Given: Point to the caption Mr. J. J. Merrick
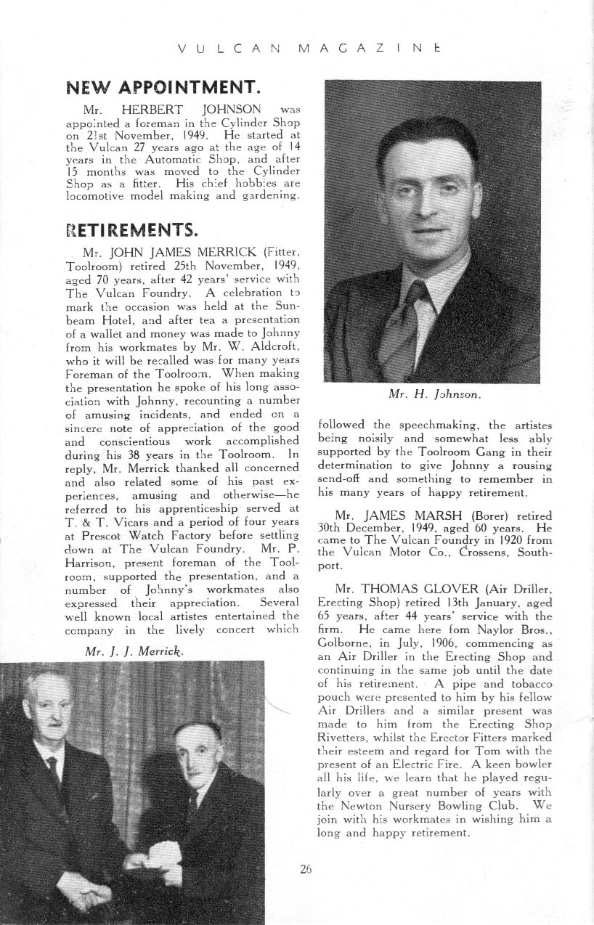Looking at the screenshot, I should pyautogui.click(x=135, y=651).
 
